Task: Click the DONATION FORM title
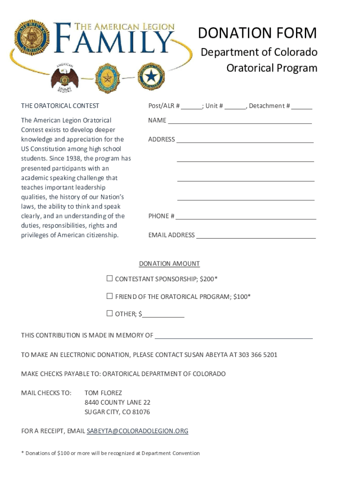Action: (x=257, y=33)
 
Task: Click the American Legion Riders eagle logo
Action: (x=65, y=76)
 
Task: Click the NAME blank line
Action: (x=239, y=121)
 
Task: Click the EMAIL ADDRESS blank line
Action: (x=256, y=236)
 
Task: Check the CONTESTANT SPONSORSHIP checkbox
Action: (x=109, y=279)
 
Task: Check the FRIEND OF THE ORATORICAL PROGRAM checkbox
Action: (x=109, y=296)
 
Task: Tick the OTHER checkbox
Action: (x=109, y=313)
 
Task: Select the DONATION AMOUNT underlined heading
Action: (x=169, y=264)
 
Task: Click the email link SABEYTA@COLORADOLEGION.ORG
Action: (x=137, y=431)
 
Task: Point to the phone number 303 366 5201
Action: (x=258, y=355)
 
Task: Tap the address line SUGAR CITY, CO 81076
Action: (x=117, y=412)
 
